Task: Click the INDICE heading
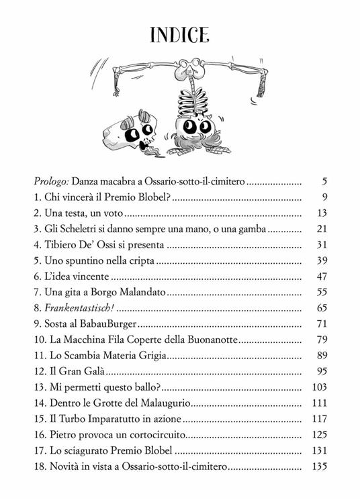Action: pos(179,34)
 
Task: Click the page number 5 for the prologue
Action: pos(324,181)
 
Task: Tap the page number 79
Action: pos(320,340)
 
